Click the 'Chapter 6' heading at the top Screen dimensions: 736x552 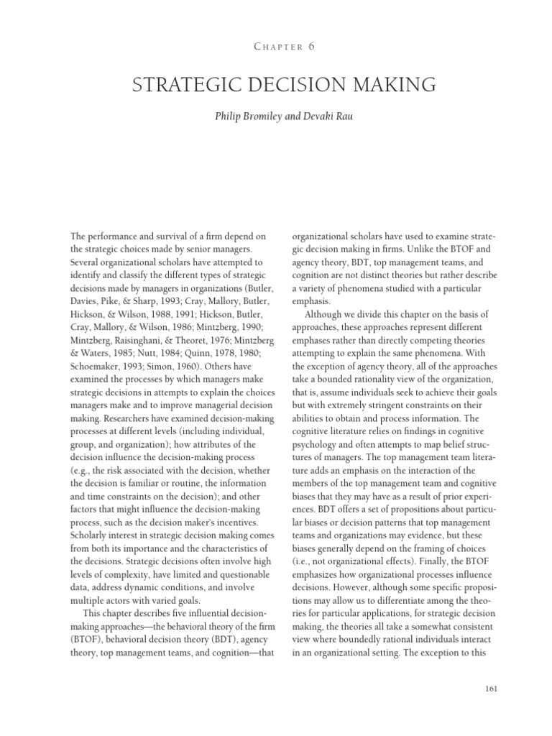[x=275, y=47]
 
